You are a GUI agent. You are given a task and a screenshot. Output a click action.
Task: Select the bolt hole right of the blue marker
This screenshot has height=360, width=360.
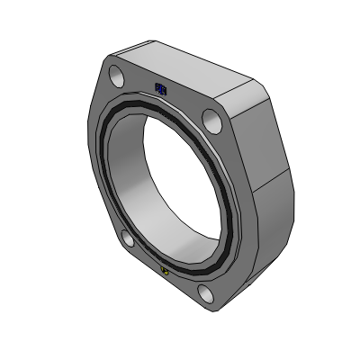point(211,118)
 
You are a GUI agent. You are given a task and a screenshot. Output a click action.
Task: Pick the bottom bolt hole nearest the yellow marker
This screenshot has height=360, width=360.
point(205,293)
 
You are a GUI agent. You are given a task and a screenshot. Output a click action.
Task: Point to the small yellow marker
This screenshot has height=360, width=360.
point(164,268)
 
